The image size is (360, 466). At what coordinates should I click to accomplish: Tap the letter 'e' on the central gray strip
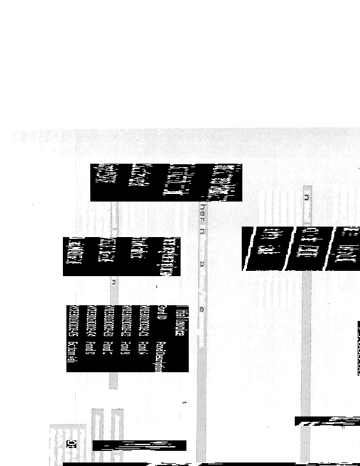(202, 309)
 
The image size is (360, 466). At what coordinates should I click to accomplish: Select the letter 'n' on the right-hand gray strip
(306, 197)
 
